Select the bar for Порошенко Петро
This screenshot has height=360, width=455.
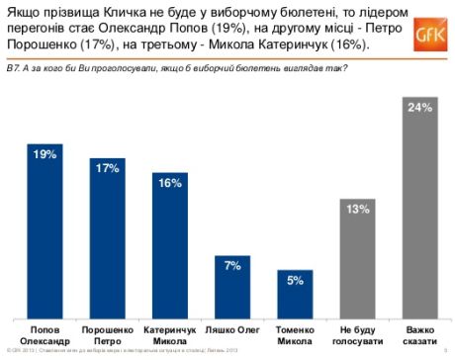(x=108, y=242)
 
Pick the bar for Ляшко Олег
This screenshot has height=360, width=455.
(x=233, y=287)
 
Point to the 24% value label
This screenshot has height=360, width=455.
(x=420, y=107)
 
